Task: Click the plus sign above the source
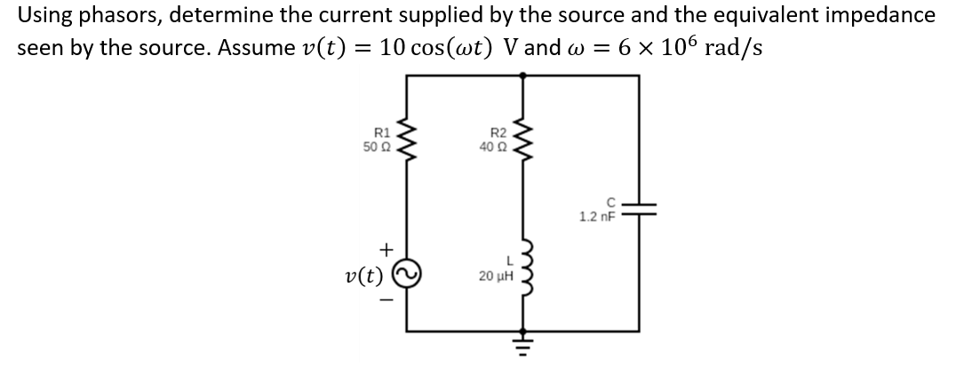point(385,251)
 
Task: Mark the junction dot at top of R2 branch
point(522,76)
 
